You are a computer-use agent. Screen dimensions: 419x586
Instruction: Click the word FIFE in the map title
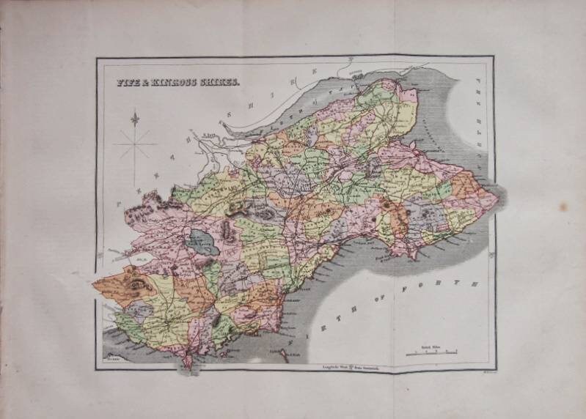pos(130,84)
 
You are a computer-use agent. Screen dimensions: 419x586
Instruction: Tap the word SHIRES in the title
pos(219,84)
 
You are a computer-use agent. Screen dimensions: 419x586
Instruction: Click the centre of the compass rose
pos(135,144)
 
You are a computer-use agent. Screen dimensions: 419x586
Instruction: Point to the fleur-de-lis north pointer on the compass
pos(135,118)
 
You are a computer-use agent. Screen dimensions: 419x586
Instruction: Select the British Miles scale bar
pos(433,354)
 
